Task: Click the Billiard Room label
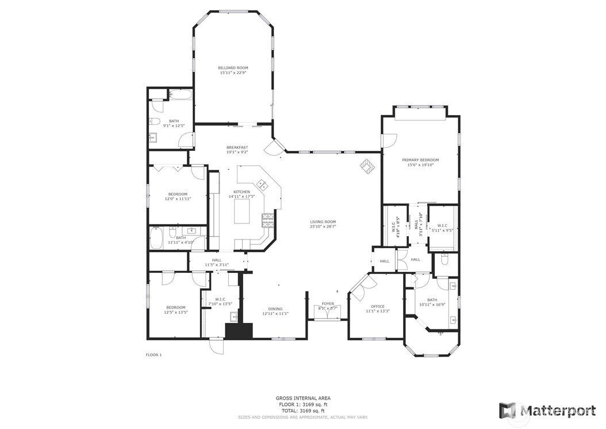click(233, 67)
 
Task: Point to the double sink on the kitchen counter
click(262, 185)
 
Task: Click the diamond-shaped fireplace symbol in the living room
click(367, 166)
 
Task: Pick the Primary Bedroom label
click(420, 160)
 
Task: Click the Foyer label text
click(328, 303)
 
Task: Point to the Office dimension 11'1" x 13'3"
click(378, 312)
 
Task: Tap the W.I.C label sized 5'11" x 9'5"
click(442, 226)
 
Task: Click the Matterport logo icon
click(507, 410)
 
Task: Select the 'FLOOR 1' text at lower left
click(154, 355)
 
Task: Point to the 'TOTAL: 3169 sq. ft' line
click(303, 411)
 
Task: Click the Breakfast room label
click(237, 147)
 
